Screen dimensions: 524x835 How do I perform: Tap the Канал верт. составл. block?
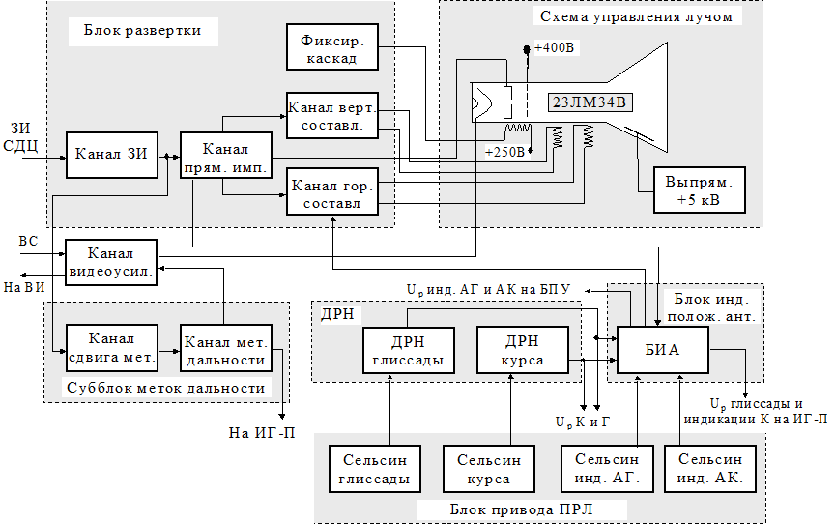click(x=331, y=114)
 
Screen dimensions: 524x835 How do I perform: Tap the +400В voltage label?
click(x=553, y=48)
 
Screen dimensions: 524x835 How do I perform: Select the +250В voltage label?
click(x=504, y=152)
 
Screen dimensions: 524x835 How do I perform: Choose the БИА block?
click(x=661, y=350)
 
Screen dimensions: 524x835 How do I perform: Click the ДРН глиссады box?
click(x=407, y=351)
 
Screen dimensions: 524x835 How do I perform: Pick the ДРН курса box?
click(x=523, y=351)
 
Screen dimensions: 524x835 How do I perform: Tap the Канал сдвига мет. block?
click(x=111, y=348)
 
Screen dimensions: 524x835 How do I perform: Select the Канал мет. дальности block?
click(x=226, y=348)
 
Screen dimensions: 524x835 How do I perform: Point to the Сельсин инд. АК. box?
click(x=710, y=469)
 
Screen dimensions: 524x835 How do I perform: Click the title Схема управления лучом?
click(x=637, y=16)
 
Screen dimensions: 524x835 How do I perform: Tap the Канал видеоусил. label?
click(x=111, y=261)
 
